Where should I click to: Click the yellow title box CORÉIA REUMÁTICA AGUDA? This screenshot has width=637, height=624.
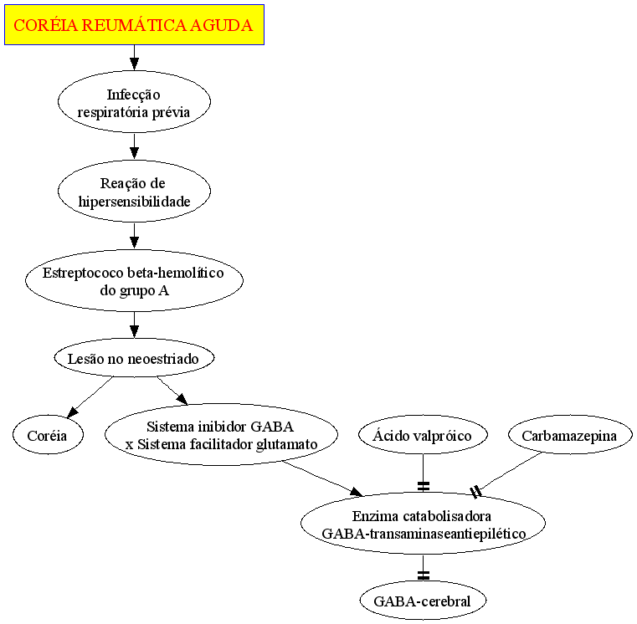click(x=134, y=25)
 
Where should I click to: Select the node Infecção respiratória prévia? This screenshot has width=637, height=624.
click(x=134, y=101)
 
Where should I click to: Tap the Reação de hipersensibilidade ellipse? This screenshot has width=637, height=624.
click(x=134, y=191)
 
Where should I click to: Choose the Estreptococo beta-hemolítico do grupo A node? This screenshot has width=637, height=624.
click(x=134, y=280)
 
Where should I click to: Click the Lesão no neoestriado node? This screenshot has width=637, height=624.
click(x=134, y=358)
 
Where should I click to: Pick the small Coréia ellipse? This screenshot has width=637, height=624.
click(x=48, y=435)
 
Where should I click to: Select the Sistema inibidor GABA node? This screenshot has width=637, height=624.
click(x=222, y=434)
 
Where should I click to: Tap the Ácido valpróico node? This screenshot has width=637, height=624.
click(x=423, y=435)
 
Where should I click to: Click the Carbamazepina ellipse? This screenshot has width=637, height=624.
click(x=570, y=435)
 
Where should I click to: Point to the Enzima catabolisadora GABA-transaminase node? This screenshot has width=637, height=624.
click(x=423, y=524)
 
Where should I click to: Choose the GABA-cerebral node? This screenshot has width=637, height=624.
click(x=423, y=601)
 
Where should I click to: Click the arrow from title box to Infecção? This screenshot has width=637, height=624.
click(x=134, y=58)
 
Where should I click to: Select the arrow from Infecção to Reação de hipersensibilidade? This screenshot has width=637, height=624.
click(x=134, y=146)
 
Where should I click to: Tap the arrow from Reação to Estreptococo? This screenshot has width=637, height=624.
click(x=134, y=236)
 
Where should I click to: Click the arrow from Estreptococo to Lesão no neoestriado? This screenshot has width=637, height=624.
click(x=134, y=325)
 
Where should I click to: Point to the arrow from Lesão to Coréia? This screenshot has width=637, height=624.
click(x=90, y=397)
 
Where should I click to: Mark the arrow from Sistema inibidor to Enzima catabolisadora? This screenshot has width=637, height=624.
click(x=322, y=478)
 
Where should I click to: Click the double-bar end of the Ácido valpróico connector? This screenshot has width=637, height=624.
click(x=424, y=486)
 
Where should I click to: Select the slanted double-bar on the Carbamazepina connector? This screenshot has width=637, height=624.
click(x=475, y=492)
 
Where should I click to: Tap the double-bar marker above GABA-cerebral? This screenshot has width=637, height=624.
click(x=424, y=575)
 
